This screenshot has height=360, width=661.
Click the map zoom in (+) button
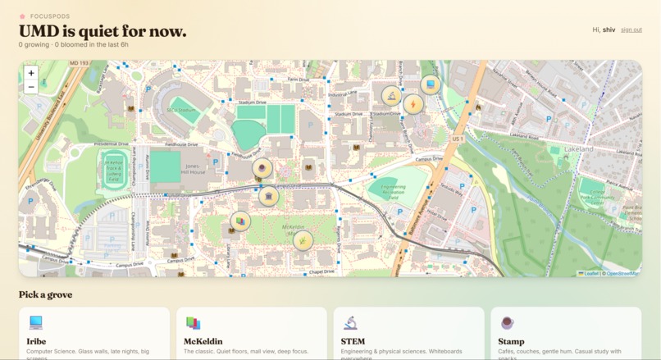(x=31, y=73)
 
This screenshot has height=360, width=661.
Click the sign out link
(x=631, y=30)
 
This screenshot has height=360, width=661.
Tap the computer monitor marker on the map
(x=430, y=84)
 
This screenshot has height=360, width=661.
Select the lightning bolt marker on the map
(x=413, y=104)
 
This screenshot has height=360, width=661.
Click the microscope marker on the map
(x=391, y=97)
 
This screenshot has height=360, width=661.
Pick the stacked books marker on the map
(x=240, y=221)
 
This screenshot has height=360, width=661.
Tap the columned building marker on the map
(x=268, y=196)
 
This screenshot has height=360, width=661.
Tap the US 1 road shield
(x=458, y=139)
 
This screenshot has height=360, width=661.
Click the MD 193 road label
(x=80, y=63)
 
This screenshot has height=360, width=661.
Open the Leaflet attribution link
(x=590, y=273)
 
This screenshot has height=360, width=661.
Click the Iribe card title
(x=36, y=341)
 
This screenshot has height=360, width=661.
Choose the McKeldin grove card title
(x=203, y=341)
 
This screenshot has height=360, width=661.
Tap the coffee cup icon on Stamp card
(x=508, y=323)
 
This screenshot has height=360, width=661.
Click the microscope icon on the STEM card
(x=350, y=323)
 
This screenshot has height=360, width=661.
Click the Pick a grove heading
(x=45, y=294)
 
